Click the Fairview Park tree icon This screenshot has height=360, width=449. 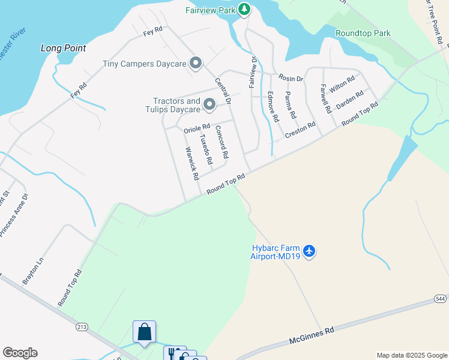244,9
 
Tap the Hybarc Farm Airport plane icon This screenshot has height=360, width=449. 309,250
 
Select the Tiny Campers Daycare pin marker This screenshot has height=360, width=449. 195,63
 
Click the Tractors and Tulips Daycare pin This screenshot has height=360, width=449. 209,105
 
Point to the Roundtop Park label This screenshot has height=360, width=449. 363,33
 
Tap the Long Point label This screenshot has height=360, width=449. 63,48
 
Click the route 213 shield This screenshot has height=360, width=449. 82,327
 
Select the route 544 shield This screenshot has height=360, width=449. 441,298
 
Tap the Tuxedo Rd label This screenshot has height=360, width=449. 206,149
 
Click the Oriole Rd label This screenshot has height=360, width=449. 197,128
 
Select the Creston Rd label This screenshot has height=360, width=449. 300,130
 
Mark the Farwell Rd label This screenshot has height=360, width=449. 325,99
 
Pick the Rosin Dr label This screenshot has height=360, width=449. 291,79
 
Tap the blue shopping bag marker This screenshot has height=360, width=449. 144,331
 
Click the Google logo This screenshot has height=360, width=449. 20,353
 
